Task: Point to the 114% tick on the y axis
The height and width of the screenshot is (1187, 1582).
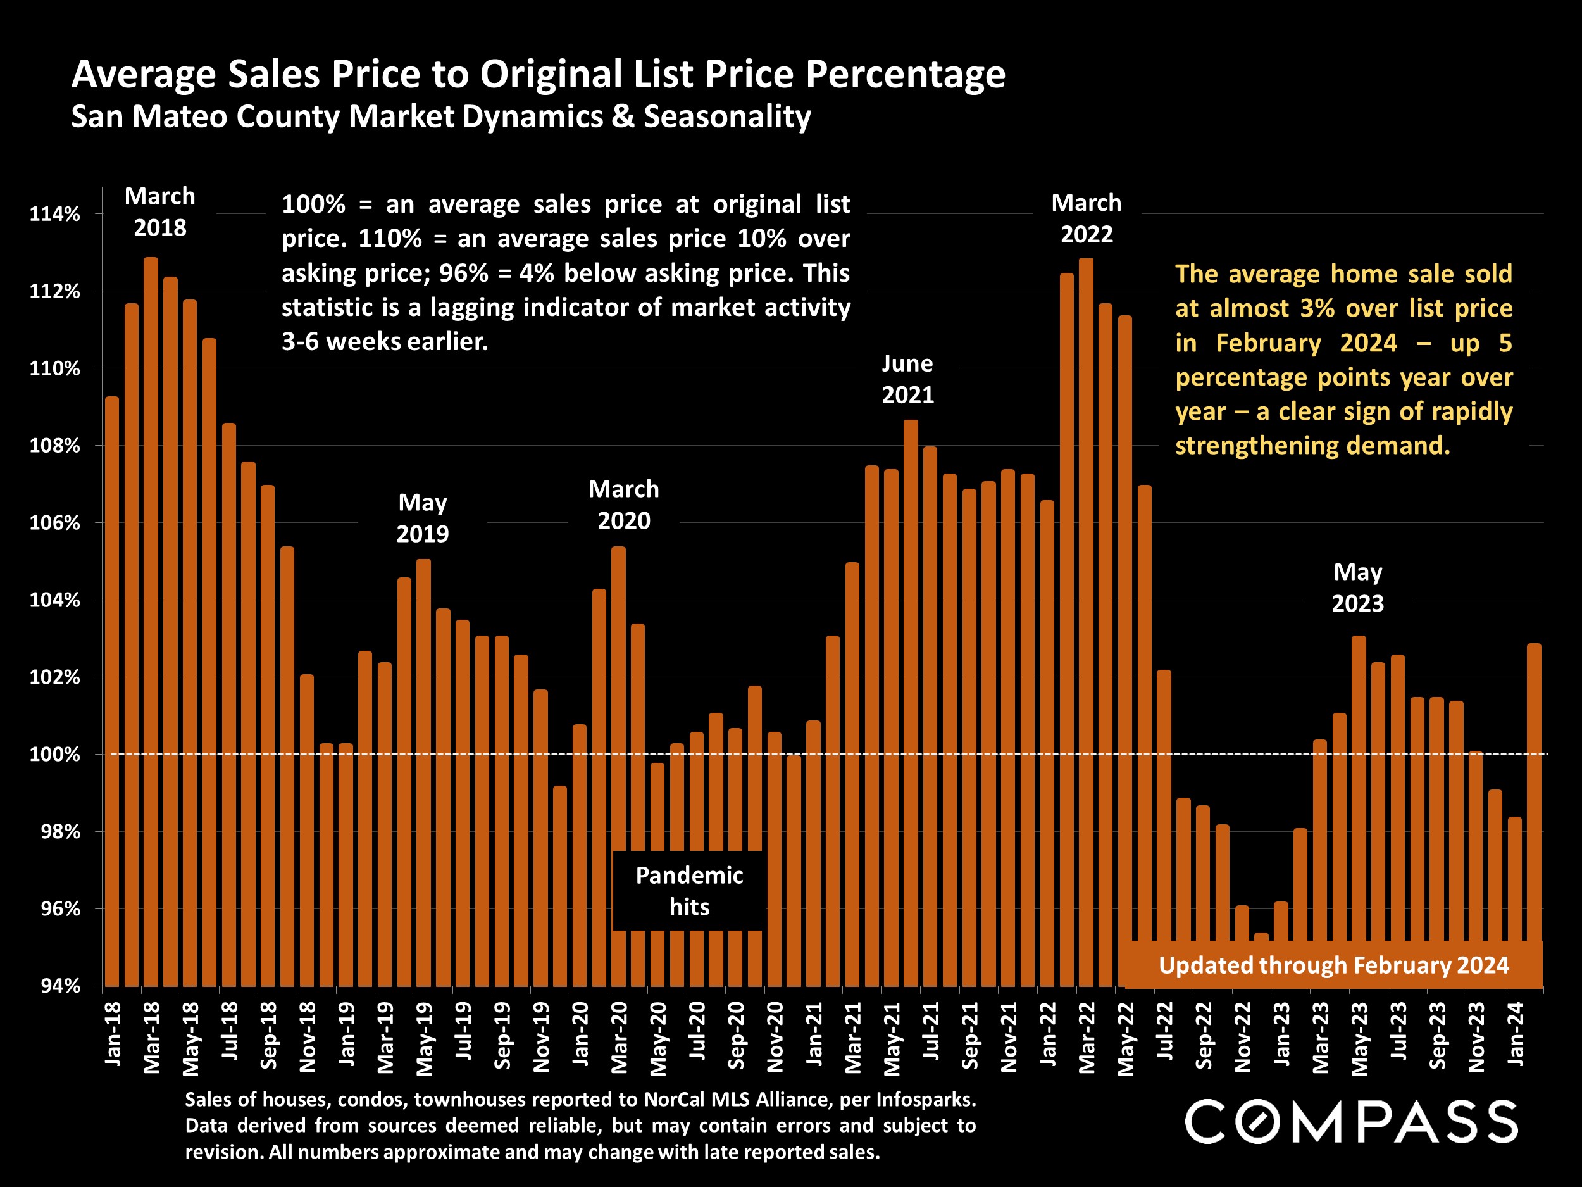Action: tap(54, 214)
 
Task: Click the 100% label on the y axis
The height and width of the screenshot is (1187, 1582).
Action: tap(54, 755)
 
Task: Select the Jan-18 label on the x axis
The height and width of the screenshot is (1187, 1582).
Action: tap(113, 1033)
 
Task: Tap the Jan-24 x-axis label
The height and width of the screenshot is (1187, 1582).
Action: tap(1516, 1033)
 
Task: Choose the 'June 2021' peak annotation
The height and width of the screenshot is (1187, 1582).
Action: tap(907, 379)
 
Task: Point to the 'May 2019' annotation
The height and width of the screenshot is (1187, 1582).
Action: tap(423, 518)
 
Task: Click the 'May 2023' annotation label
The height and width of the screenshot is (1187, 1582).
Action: tap(1357, 587)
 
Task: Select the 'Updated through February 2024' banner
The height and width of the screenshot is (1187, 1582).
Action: tap(1334, 965)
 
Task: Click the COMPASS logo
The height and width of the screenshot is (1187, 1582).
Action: tap(1351, 1121)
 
